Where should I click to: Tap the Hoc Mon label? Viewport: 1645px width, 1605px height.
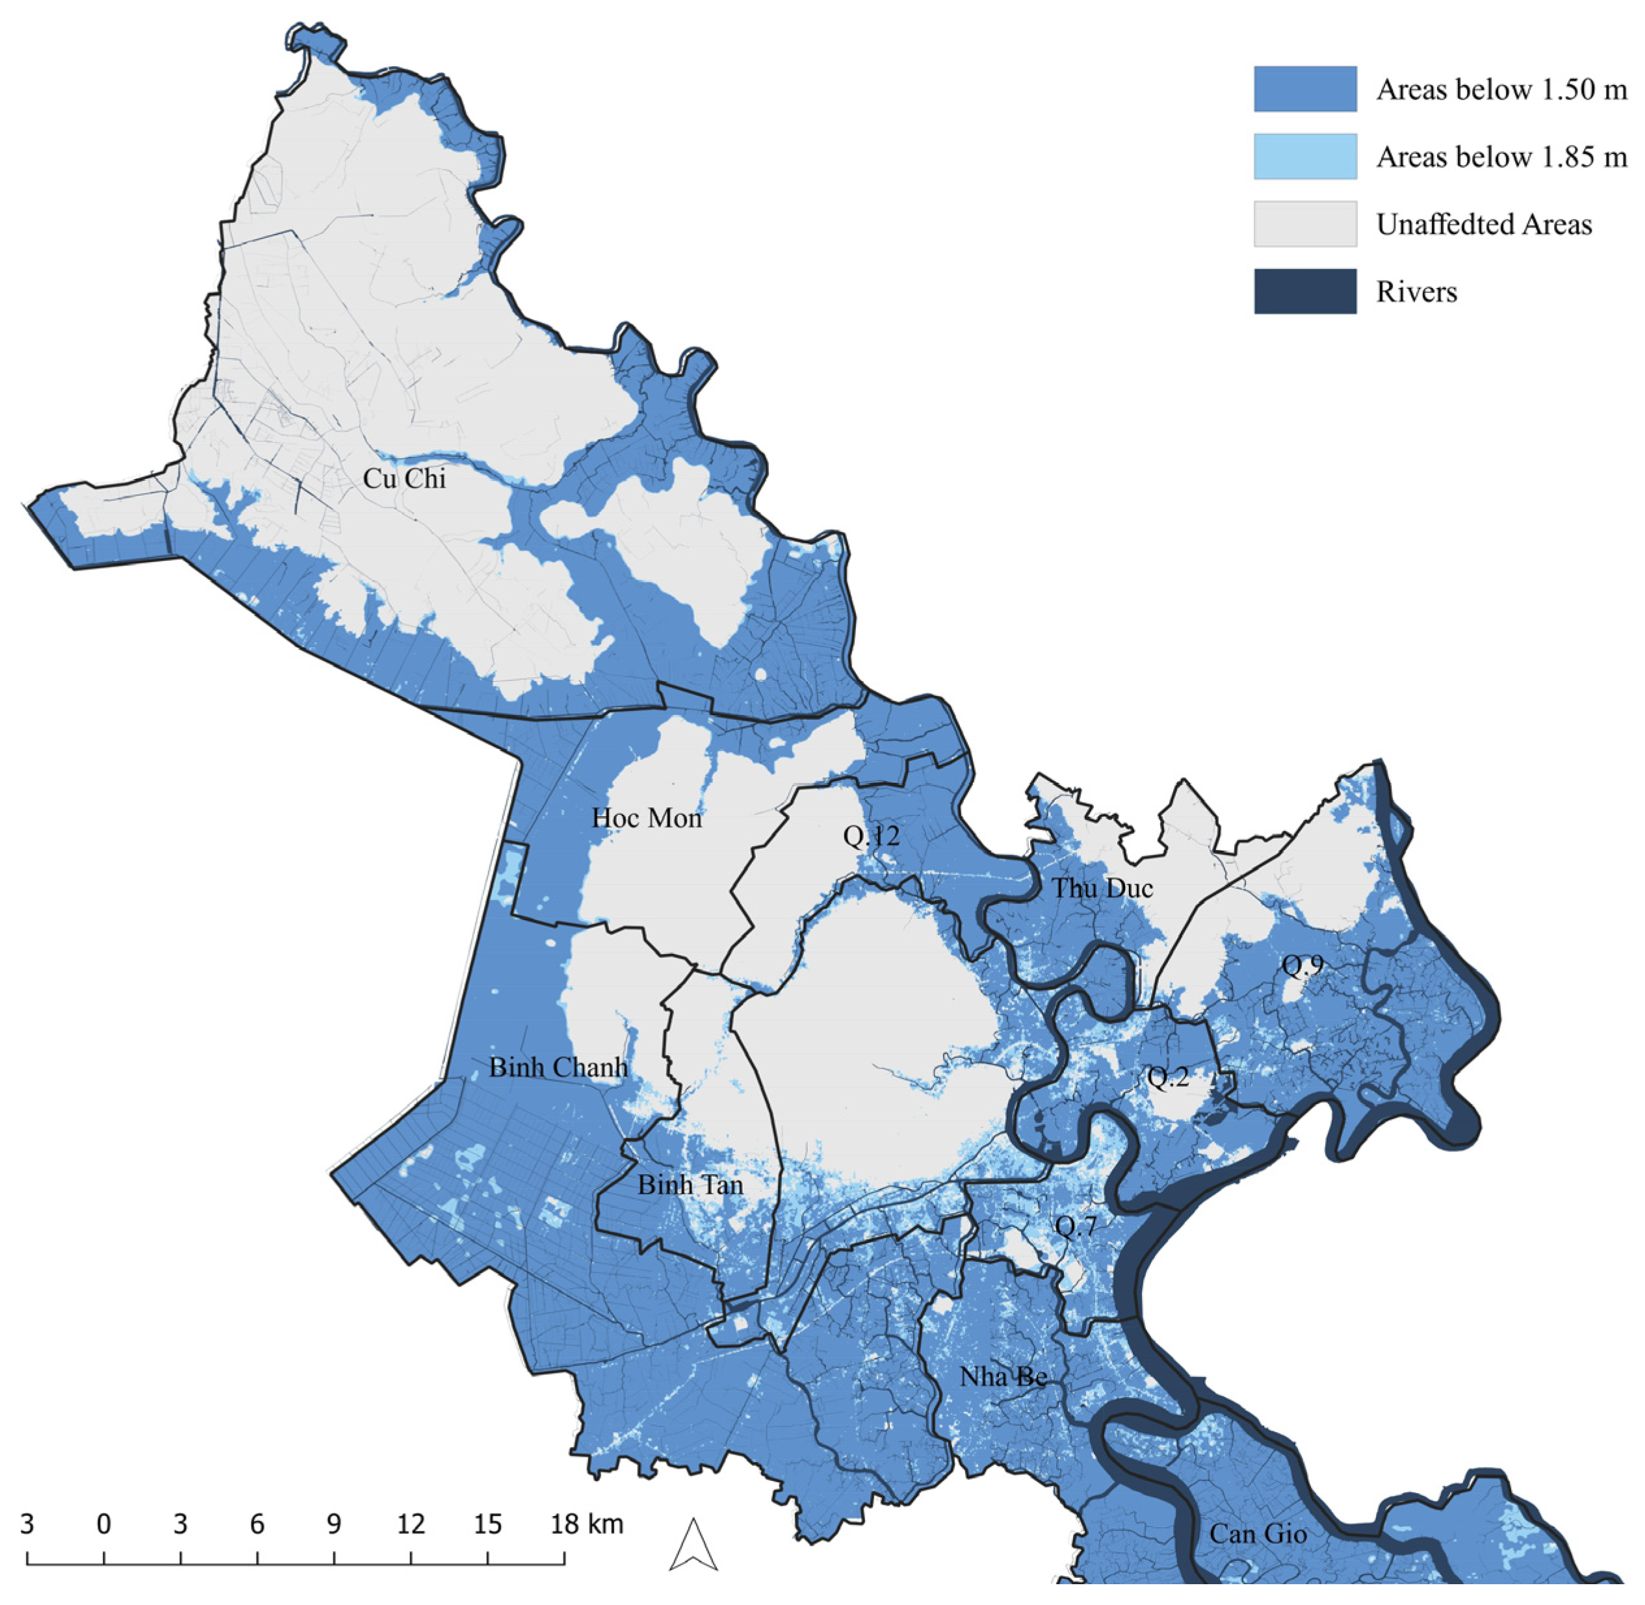point(647,817)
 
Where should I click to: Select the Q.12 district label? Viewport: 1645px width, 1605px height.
point(871,836)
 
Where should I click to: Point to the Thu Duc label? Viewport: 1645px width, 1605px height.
point(1102,888)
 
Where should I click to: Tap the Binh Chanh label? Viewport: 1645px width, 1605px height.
point(558,1067)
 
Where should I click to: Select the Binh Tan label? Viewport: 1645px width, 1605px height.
point(690,1185)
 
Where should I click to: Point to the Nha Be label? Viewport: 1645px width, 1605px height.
point(1004,1376)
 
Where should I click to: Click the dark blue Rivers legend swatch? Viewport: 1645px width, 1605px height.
point(1304,292)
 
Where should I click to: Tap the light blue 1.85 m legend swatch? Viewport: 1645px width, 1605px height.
point(1304,157)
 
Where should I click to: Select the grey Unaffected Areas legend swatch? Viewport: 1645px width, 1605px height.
point(1304,224)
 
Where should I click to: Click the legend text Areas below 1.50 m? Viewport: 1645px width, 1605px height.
point(1501,90)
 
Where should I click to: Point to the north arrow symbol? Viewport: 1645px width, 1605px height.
point(693,1545)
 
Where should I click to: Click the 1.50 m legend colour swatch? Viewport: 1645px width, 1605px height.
point(1304,90)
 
